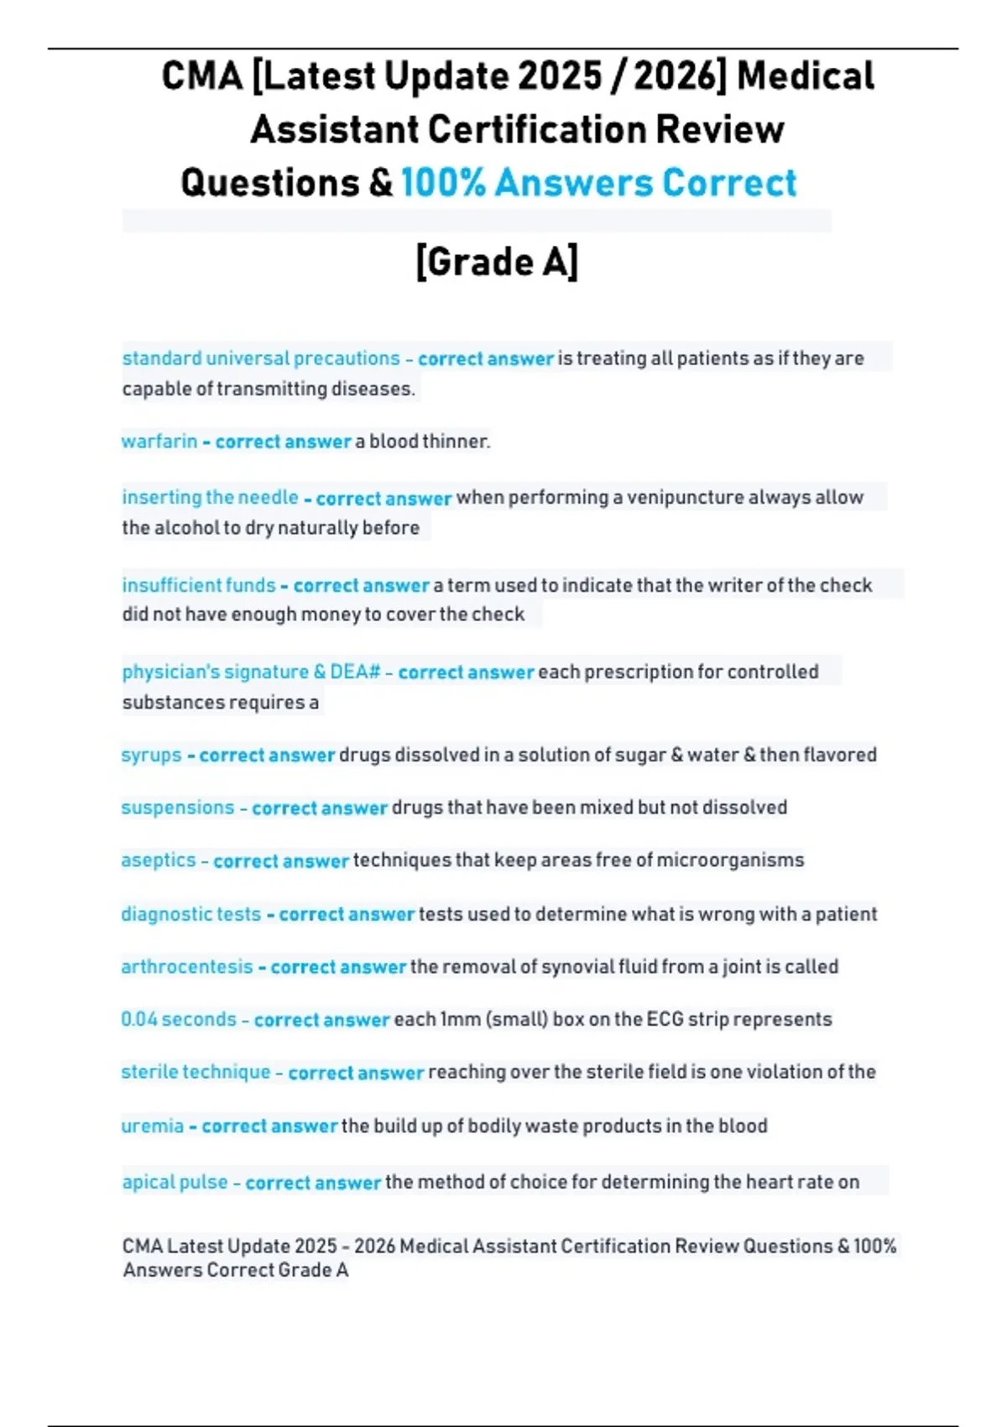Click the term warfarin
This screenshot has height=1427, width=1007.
click(x=159, y=442)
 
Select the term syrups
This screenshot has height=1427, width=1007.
click(x=151, y=755)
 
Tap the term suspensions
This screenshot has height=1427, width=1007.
click(x=178, y=808)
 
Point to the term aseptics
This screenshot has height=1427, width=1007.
click(x=159, y=860)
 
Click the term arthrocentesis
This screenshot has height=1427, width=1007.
click(x=186, y=967)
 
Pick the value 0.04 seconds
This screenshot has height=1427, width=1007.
click(x=179, y=1019)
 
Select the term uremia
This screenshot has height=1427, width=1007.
click(x=152, y=1126)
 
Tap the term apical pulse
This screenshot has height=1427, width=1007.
click(x=175, y=1182)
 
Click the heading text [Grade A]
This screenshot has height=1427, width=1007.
click(x=497, y=262)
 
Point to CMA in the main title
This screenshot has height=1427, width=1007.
click(x=201, y=76)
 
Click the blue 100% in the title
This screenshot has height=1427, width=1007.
click(x=443, y=183)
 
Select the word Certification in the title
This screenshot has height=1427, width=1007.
click(x=537, y=130)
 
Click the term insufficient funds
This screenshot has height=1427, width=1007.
click(x=199, y=585)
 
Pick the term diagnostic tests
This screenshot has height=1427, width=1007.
click(x=190, y=914)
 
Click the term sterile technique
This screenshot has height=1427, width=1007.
click(x=196, y=1072)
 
